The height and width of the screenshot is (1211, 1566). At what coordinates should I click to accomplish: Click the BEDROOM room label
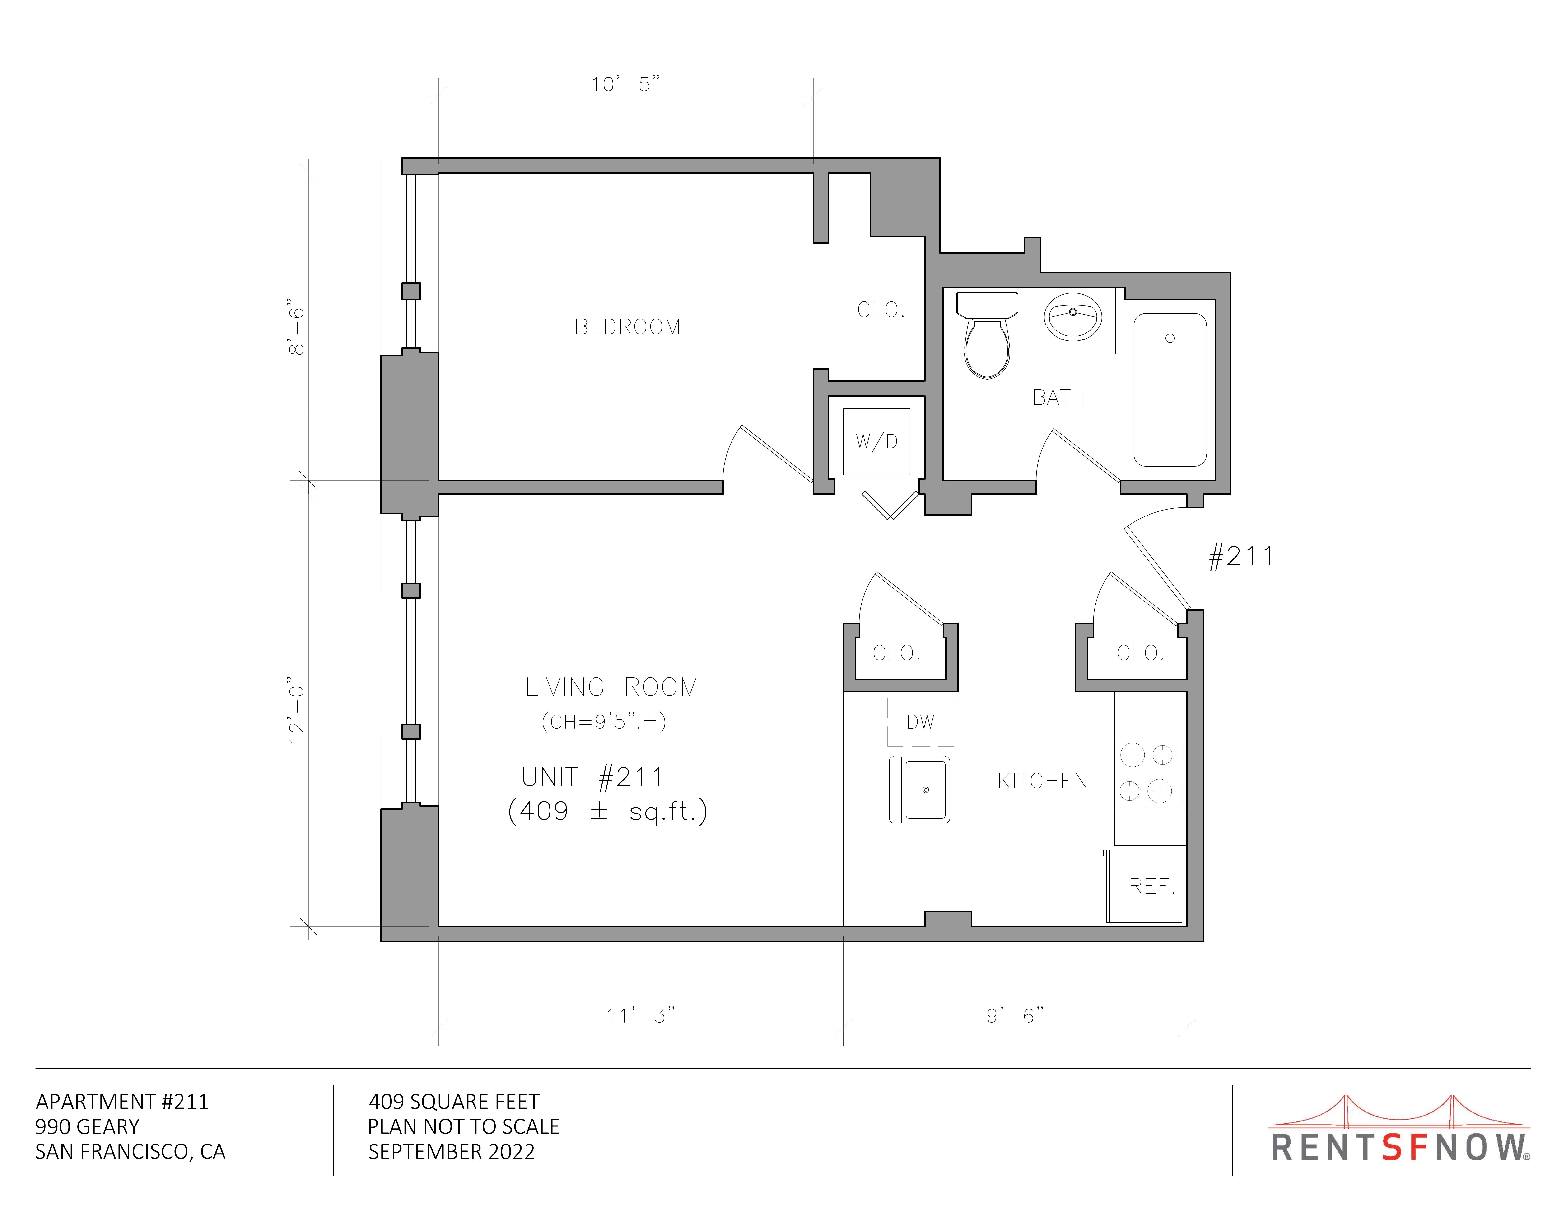click(x=627, y=327)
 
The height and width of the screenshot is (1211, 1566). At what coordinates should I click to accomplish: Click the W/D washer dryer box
click(x=876, y=441)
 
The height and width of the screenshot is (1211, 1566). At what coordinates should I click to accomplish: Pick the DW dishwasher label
click(x=921, y=722)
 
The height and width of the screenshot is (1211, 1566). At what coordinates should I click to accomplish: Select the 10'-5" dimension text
click(x=625, y=84)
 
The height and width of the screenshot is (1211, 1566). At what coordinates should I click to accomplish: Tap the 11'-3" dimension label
click(x=640, y=1016)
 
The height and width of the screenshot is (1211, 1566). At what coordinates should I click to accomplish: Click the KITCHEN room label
click(x=1043, y=781)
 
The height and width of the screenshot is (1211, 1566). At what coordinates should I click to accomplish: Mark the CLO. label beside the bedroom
click(x=881, y=310)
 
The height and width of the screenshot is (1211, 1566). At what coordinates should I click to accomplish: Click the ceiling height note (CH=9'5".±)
click(x=604, y=722)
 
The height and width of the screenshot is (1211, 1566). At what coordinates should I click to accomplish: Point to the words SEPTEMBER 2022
click(x=452, y=1152)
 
